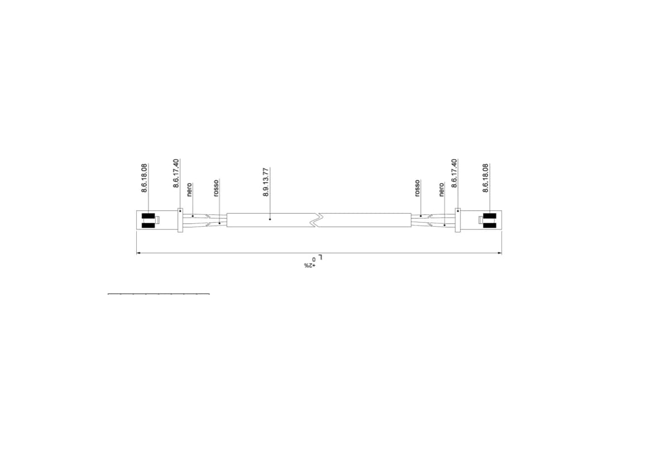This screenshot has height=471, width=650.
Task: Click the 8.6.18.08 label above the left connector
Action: tap(144, 177)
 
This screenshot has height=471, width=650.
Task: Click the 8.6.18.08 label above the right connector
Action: tap(485, 177)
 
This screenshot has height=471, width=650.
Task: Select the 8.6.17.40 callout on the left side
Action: tap(176, 173)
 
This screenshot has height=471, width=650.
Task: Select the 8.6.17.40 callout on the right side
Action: tap(454, 173)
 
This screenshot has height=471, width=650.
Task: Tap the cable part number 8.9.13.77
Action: tap(266, 182)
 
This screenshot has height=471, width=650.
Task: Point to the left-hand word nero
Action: tap(189, 190)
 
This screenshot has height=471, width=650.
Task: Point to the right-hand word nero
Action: tap(441, 190)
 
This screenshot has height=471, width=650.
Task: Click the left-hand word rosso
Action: tap(216, 188)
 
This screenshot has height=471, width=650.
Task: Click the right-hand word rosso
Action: tap(417, 188)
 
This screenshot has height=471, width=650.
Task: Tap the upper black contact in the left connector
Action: tap(148, 216)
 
